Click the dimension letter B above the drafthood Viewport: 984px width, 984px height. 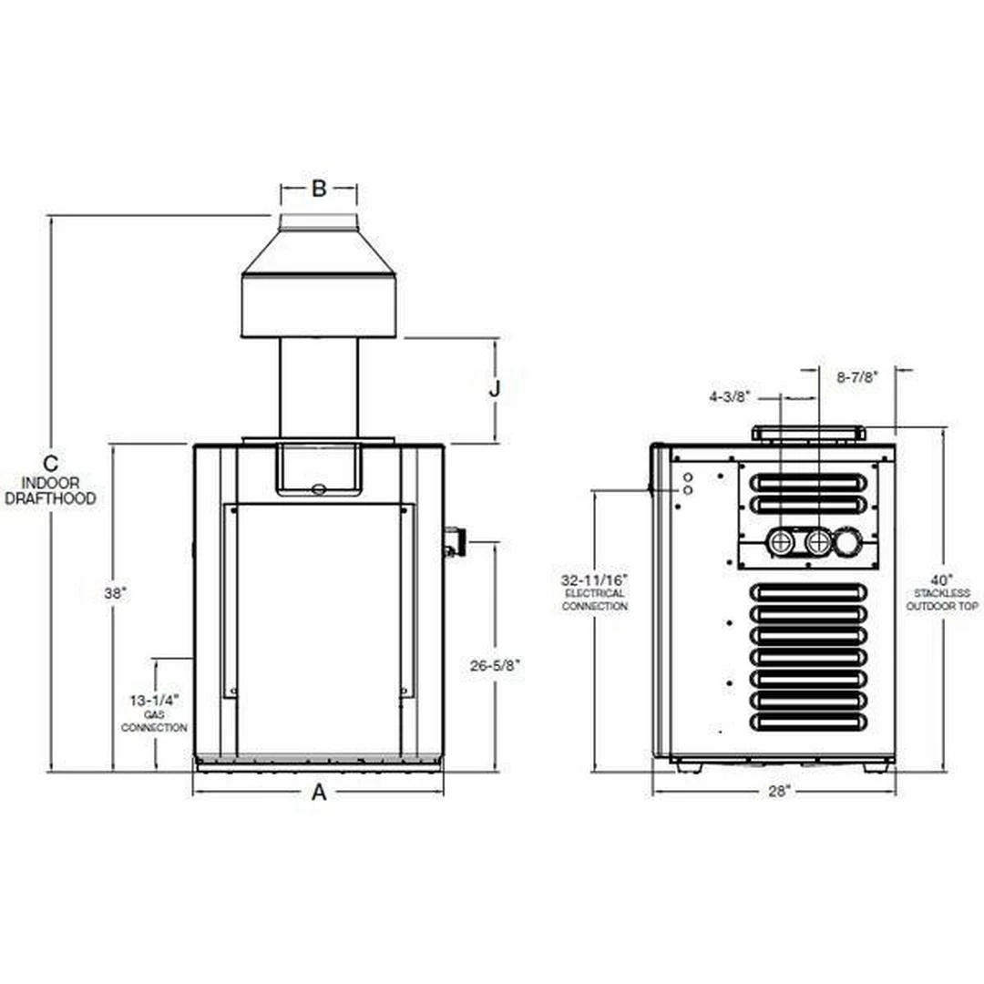click(x=319, y=189)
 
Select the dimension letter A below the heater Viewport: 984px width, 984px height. click(x=319, y=792)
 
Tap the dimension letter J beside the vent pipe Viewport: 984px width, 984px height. click(x=495, y=388)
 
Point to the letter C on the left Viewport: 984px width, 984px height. click(x=51, y=463)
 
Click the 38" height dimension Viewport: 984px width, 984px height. click(x=115, y=593)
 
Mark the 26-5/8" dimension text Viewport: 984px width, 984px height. click(x=496, y=666)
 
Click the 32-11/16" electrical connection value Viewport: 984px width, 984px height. click(x=594, y=579)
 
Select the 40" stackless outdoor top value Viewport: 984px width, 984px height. click(x=943, y=579)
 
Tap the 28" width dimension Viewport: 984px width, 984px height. click(x=777, y=792)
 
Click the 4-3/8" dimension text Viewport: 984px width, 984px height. click(x=730, y=396)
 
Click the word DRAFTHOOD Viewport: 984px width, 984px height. click(x=50, y=499)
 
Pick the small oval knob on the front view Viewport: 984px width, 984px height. click(x=318, y=488)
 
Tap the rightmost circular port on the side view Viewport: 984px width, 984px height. click(x=848, y=543)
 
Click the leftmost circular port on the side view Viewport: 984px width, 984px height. click(x=781, y=543)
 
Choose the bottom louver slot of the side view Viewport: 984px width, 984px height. click(x=808, y=721)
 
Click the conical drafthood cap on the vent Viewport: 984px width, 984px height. click(x=319, y=251)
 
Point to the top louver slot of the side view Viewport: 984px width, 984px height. click(x=808, y=481)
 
